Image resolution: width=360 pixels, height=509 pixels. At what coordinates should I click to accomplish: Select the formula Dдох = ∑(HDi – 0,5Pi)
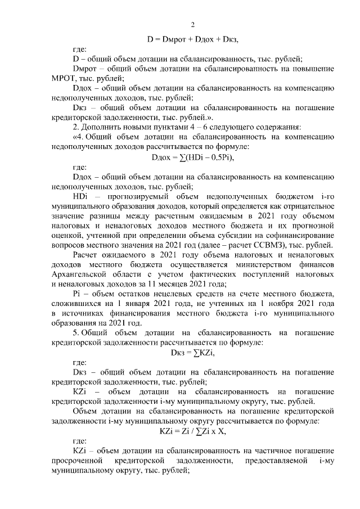pyautogui.click(x=192, y=157)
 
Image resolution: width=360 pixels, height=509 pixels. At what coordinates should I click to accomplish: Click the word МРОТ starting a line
pyautogui.click(x=63, y=78)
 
